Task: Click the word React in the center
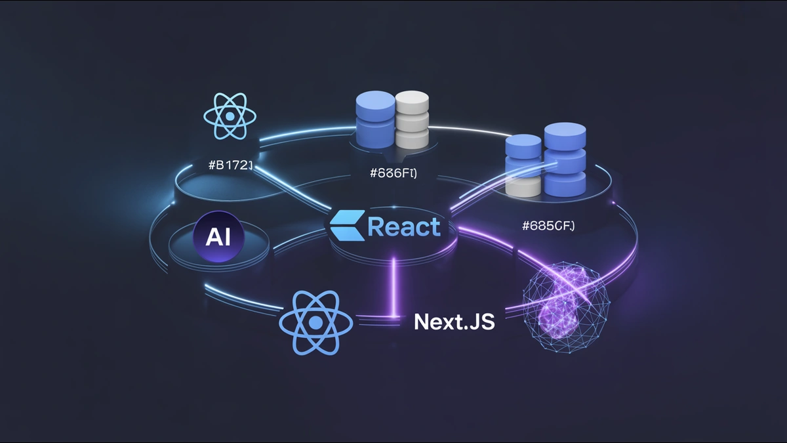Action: tap(403, 227)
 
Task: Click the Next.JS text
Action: tap(454, 322)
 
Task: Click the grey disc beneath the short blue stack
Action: tap(523, 187)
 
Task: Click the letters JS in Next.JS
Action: tap(481, 322)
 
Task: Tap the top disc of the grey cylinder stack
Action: tap(412, 102)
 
